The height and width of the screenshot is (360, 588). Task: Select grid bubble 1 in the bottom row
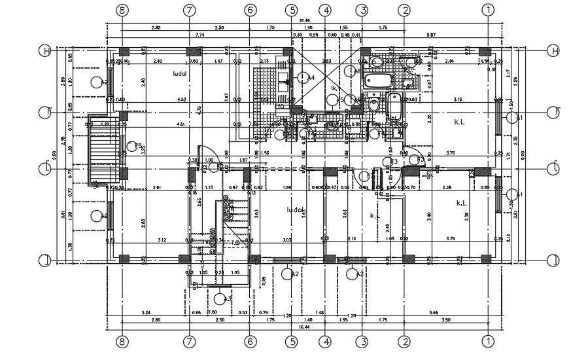(487, 341)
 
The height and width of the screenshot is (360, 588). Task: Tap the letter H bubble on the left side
(45, 51)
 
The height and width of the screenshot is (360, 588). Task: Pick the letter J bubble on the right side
(553, 261)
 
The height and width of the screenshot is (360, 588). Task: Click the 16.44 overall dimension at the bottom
(303, 326)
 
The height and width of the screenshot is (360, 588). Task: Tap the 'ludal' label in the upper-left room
(180, 74)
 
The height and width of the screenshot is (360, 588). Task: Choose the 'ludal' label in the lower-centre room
(295, 210)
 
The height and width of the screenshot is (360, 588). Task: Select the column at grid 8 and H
(123, 52)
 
